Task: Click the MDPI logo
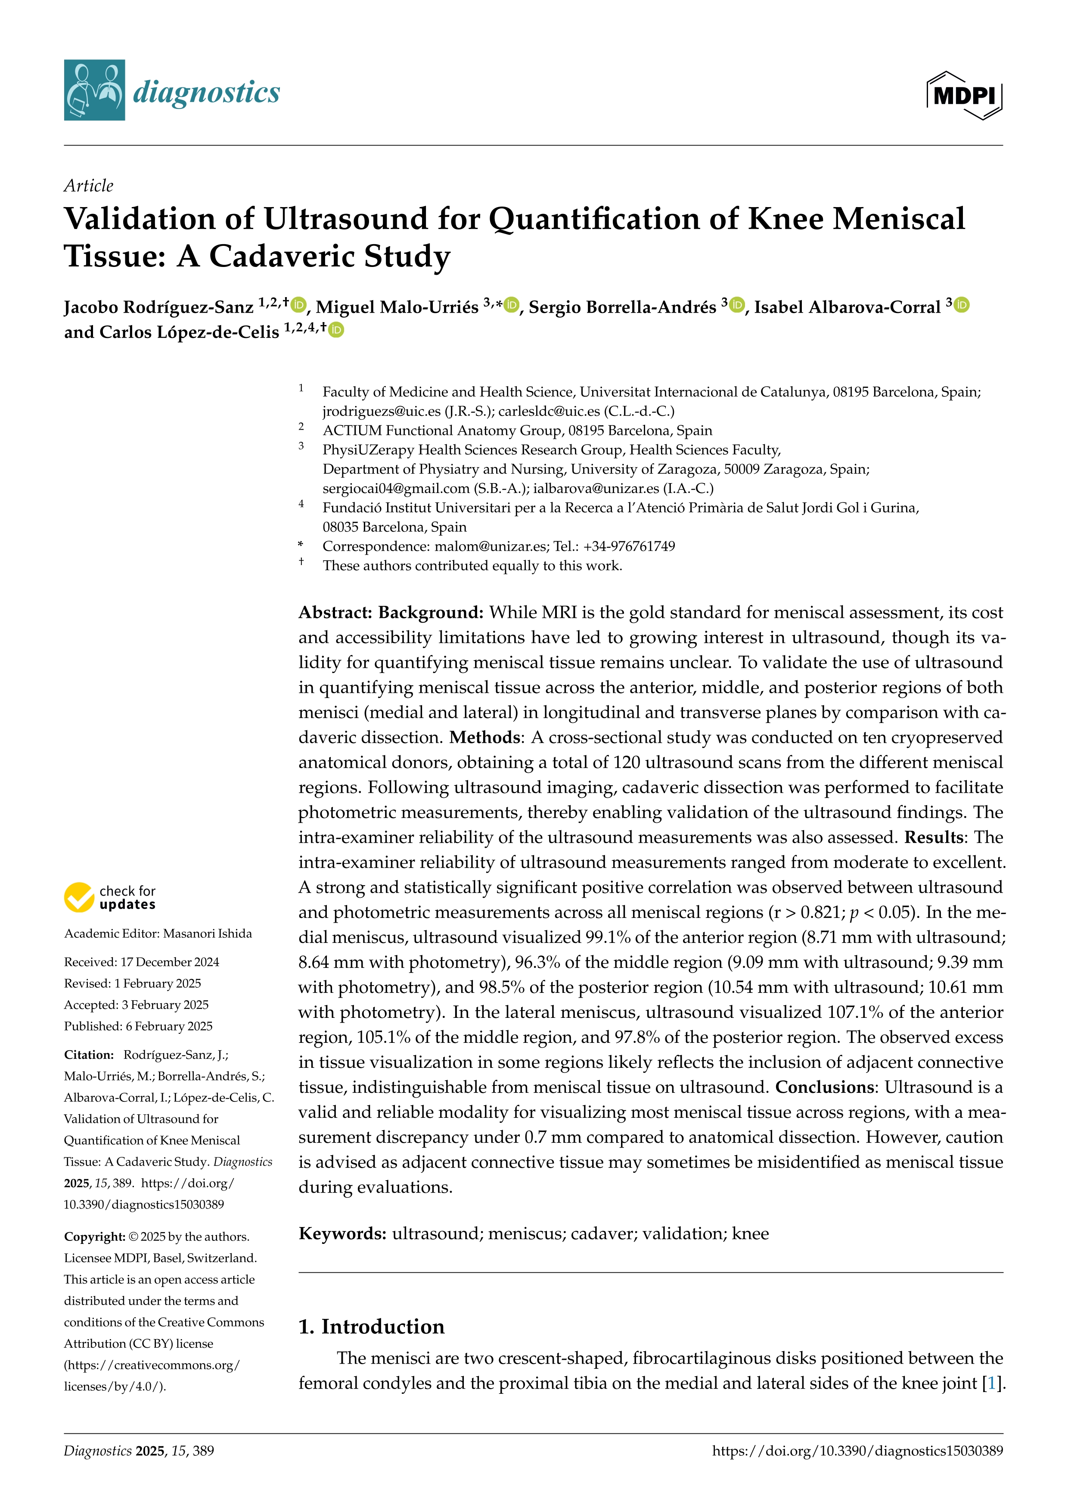pos(964,95)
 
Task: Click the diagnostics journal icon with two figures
pos(94,90)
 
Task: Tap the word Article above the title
pos(88,186)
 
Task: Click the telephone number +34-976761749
pos(629,546)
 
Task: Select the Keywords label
pos(342,1233)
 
